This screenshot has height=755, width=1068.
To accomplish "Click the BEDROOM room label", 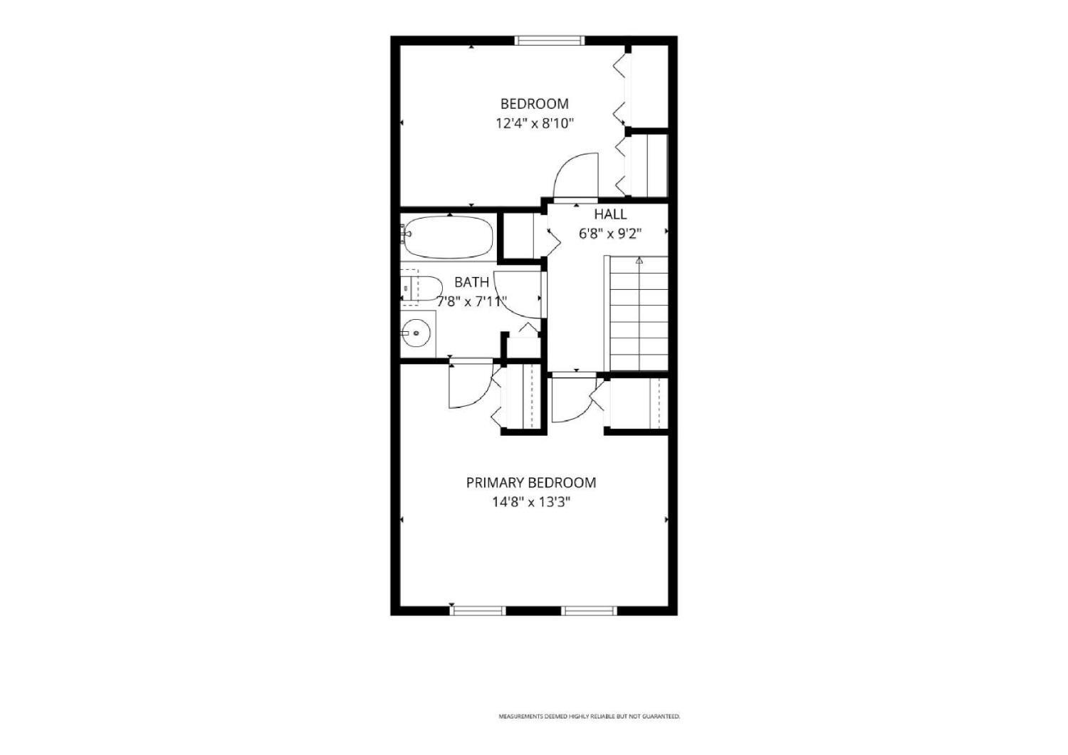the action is (x=534, y=103).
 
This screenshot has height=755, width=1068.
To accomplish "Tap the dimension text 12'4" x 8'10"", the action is (x=534, y=123).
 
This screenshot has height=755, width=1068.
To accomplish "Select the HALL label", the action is (x=610, y=214).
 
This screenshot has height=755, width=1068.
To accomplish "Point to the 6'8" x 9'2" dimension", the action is (x=610, y=234).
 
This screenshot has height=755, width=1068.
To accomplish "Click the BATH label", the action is (x=471, y=282).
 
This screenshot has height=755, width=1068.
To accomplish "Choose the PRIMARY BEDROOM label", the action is (x=530, y=483).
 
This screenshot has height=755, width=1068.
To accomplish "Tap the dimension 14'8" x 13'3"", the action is (x=531, y=502).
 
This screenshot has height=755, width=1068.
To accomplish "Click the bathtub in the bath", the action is (x=448, y=237).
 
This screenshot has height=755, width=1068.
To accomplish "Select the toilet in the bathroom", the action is (x=421, y=288).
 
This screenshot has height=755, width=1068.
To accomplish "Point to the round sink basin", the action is (x=417, y=333).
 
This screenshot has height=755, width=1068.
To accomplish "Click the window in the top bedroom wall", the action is (x=549, y=41).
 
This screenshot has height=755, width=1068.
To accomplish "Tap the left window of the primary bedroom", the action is (x=478, y=610).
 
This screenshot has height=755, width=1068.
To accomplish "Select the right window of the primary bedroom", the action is (x=589, y=610).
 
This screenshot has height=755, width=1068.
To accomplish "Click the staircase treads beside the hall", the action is (x=639, y=313).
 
